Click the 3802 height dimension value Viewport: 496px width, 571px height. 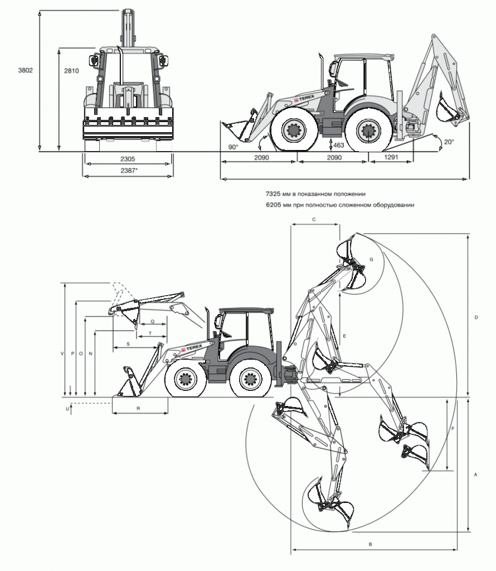[26, 70]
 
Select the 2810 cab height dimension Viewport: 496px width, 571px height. [71, 71]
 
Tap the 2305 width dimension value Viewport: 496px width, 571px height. [128, 159]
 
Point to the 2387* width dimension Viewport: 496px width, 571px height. [129, 170]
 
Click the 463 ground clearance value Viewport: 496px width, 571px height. [338, 145]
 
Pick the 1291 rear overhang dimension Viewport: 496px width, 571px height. [391, 157]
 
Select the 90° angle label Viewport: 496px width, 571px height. [234, 147]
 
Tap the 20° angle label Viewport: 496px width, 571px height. [449, 142]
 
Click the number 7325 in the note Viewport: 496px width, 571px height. [273, 193]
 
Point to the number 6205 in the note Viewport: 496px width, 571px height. [273, 205]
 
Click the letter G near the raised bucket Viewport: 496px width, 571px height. [371, 259]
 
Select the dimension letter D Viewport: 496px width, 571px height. [476, 317]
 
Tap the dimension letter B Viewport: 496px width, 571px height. [371, 544]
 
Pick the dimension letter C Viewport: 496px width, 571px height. [314, 219]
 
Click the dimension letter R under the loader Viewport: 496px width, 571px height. [138, 409]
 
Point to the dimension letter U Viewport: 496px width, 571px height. [67, 409]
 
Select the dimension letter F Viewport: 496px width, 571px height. [453, 429]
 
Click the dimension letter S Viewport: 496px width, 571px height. [128, 343]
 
